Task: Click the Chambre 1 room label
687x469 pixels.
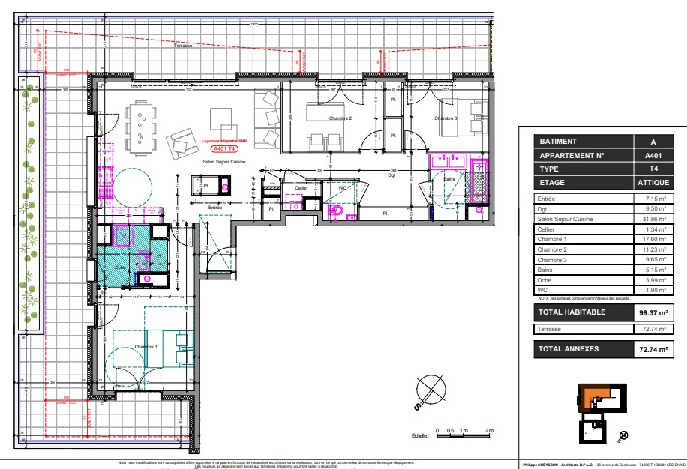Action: point(145,347)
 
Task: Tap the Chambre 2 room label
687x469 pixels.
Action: point(340,118)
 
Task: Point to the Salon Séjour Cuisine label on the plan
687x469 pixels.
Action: point(223,161)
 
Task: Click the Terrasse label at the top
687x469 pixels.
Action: point(183,46)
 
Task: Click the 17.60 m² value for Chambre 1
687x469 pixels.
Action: point(653,239)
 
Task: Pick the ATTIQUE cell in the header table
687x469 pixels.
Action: point(652,182)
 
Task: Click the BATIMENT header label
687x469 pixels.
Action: point(559,142)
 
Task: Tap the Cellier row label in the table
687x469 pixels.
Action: point(549,229)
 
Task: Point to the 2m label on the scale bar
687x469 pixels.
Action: point(489,431)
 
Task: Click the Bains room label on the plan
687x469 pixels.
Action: point(448,180)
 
